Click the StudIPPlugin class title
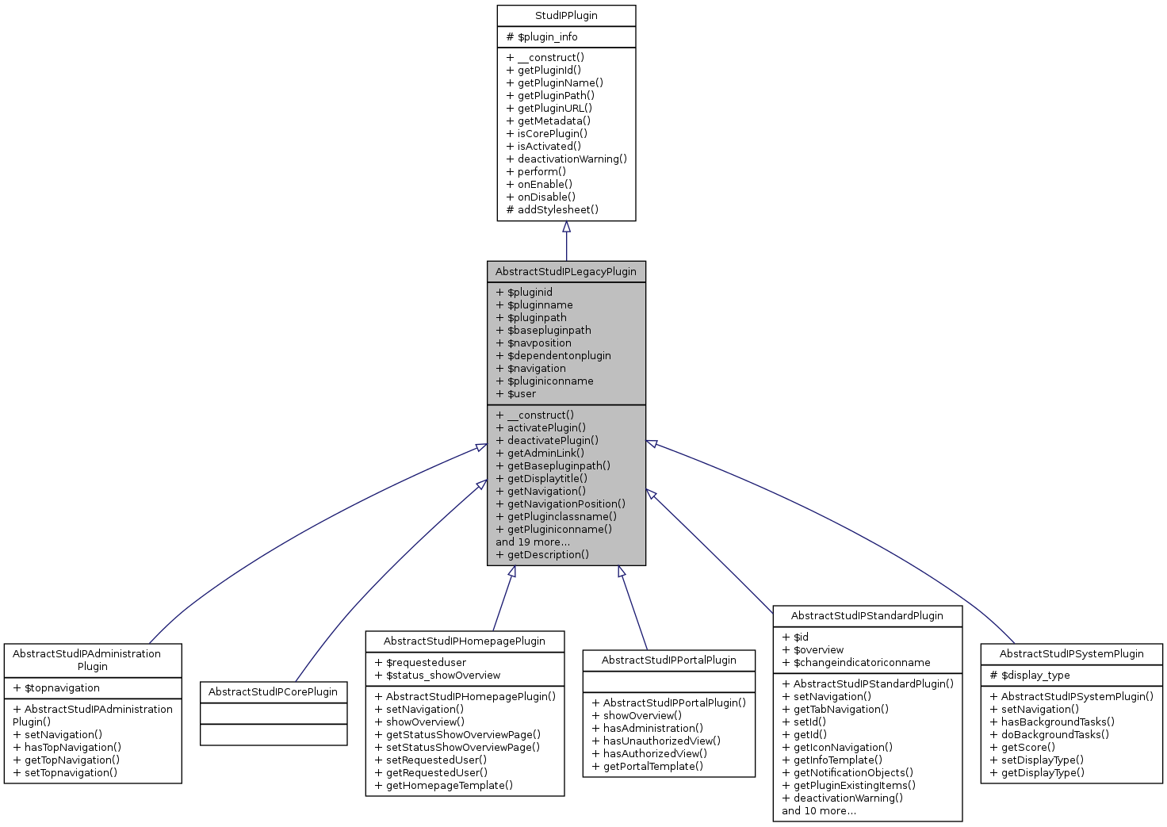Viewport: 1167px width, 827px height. click(x=566, y=16)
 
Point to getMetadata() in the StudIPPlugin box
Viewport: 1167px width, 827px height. click(x=553, y=121)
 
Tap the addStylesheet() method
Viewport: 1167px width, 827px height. click(x=557, y=210)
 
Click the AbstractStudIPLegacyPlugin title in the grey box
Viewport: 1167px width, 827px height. click(x=566, y=272)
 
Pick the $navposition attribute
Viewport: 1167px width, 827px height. click(x=538, y=343)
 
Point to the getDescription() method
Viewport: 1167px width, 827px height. click(x=547, y=555)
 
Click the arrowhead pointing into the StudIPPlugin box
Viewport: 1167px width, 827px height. click(x=566, y=228)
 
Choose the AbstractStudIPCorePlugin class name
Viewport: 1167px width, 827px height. click(x=273, y=692)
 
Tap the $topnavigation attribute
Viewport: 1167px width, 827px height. click(x=62, y=688)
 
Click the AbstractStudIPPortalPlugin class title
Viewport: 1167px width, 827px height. click(x=668, y=660)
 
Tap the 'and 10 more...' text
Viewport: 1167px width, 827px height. click(x=819, y=811)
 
